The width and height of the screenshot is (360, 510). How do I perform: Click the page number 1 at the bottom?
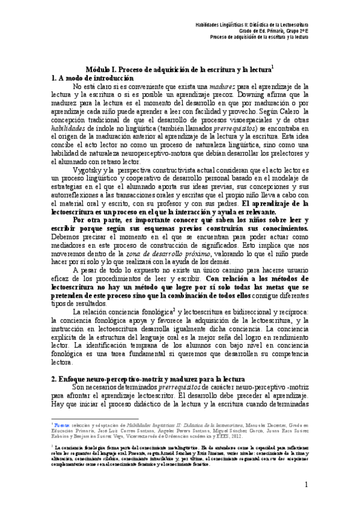point(306,485)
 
